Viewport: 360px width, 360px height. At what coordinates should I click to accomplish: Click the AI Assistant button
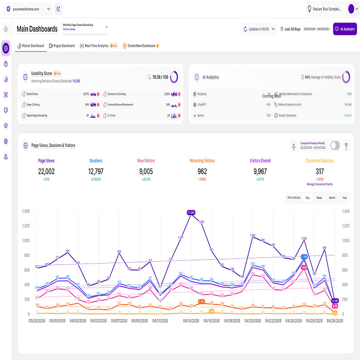[345, 29]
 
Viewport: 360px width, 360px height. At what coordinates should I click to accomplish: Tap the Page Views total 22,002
[46, 171]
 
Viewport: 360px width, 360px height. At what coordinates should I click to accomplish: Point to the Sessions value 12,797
[96, 171]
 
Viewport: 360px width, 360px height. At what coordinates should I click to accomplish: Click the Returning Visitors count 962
[202, 171]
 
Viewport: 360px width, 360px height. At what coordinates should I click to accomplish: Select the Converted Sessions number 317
[320, 171]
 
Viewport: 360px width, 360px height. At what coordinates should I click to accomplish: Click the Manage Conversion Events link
[320, 184]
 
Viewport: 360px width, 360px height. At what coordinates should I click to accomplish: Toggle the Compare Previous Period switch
[335, 145]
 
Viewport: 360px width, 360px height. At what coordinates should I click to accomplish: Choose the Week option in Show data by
[319, 197]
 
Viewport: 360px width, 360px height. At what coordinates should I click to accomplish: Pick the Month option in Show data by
[332, 197]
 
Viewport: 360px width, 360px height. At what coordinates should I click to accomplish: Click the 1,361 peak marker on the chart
[191, 212]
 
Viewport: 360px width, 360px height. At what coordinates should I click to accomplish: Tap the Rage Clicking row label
[33, 105]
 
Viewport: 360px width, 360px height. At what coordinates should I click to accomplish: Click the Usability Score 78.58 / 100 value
[160, 77]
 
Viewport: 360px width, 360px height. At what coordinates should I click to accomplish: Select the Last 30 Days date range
[293, 29]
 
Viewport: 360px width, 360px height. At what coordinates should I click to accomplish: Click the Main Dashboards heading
[37, 29]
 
